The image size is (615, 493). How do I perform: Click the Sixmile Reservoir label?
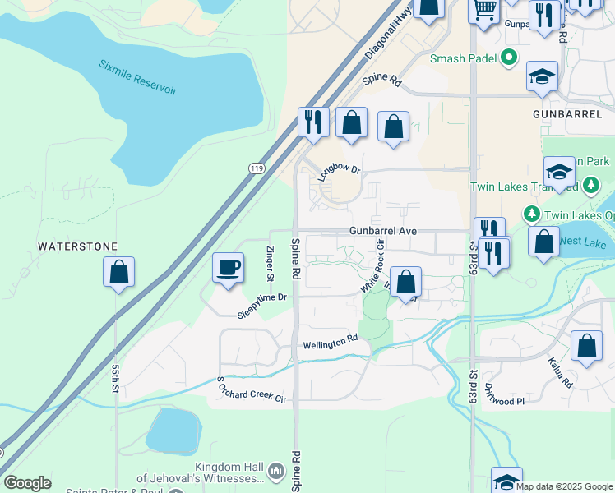coord(137,77)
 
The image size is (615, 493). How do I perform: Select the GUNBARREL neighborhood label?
coord(566,114)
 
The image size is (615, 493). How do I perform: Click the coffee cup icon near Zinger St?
coord(228,268)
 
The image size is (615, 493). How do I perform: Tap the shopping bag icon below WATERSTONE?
coord(118,273)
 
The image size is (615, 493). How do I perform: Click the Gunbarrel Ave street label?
coord(382,232)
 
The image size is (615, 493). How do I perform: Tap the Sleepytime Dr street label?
coord(261,305)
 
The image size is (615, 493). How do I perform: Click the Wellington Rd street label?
coord(331,342)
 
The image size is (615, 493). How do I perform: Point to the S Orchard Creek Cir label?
coord(251,389)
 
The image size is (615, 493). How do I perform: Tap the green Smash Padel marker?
coord(509,58)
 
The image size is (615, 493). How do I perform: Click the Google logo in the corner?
coord(27,483)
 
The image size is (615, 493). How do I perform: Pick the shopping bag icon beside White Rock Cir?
coord(405,282)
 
